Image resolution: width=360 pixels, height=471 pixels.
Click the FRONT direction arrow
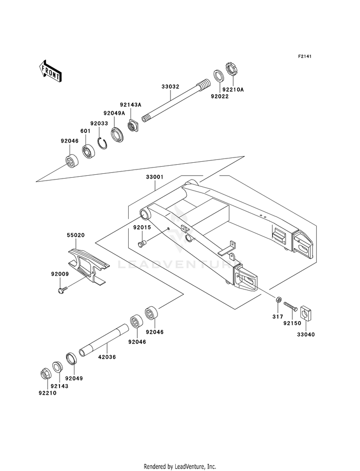point(50,71)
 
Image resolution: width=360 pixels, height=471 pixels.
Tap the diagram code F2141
point(304,56)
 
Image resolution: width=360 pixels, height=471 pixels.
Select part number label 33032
point(170,86)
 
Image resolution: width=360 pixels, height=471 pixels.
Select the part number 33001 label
point(155,177)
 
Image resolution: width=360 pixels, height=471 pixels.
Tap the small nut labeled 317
point(278,300)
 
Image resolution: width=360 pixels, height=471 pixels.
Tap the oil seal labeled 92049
point(71,358)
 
